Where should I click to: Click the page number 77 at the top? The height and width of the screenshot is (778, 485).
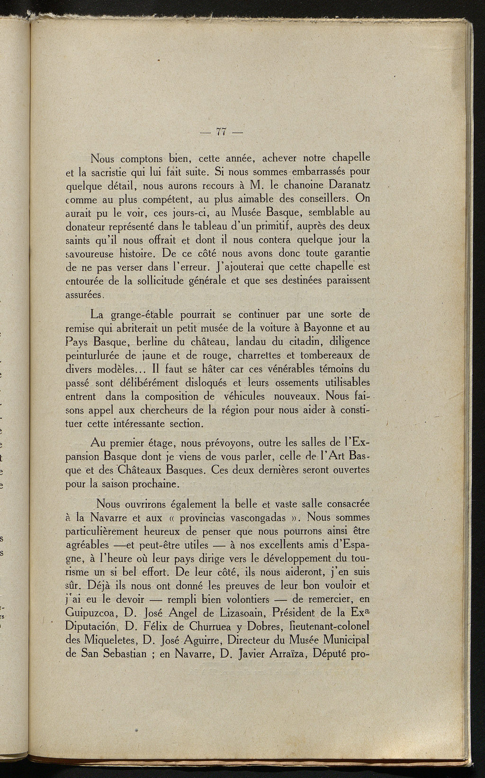click(x=221, y=132)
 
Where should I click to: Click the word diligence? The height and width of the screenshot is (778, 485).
click(x=349, y=341)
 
